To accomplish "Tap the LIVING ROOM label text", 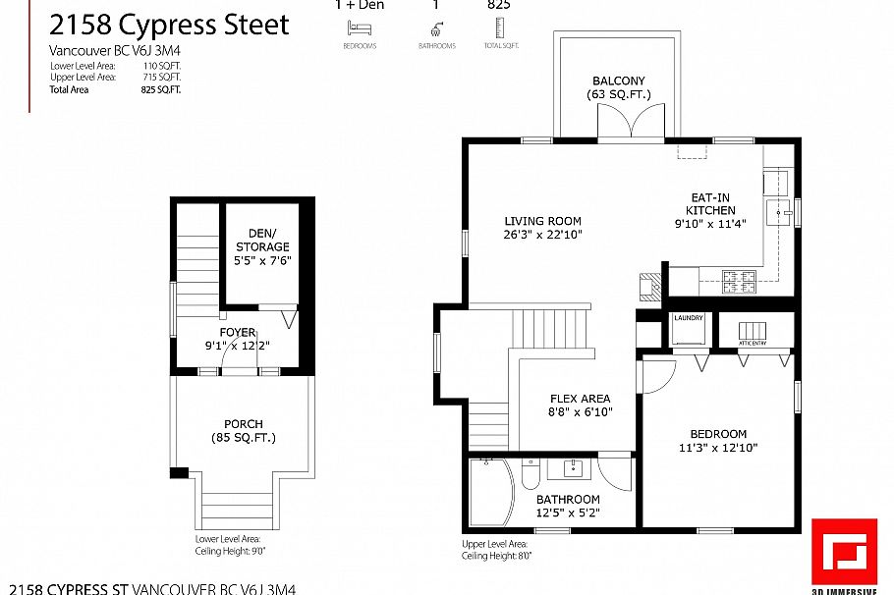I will point(543,221).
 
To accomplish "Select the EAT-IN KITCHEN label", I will point(709,204).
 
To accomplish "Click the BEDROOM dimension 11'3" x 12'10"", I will point(717,448).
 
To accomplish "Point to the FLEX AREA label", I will point(580,399).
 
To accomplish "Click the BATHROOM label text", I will point(568,500).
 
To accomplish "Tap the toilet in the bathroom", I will point(530,475).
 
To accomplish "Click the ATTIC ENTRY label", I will point(753,344).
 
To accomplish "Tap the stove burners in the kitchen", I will point(740,281).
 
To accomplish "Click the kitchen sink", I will point(780,210).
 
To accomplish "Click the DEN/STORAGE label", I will point(261,240).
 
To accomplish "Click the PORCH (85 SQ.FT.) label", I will point(243,430).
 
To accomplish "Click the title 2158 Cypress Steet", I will point(169,25).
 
